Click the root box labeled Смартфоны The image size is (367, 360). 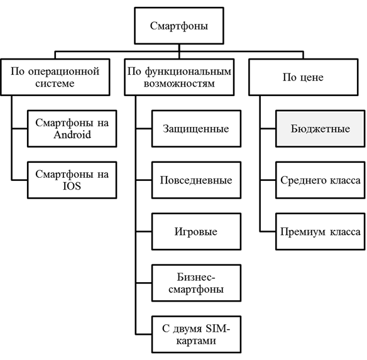[179, 26]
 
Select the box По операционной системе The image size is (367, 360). [55, 77]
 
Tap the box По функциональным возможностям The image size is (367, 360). [179, 77]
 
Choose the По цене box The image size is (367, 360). [304, 77]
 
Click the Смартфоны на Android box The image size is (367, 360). [72, 129]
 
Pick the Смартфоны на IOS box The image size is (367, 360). [72, 180]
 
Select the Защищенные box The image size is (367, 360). [196, 129]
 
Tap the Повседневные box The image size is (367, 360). [196, 180]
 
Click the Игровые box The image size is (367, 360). [196, 231]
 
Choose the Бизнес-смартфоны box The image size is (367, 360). [196, 283]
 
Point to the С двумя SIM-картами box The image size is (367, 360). [196, 334]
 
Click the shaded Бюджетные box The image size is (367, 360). [320, 129]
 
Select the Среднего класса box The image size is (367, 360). [320, 180]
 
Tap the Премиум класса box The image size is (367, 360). [320, 231]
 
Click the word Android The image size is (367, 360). [72, 134]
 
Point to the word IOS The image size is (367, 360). [72, 186]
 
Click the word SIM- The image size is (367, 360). [217, 329]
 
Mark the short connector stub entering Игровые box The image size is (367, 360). [144, 231]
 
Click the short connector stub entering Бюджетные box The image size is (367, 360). [268, 129]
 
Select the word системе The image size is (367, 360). [55, 84]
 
